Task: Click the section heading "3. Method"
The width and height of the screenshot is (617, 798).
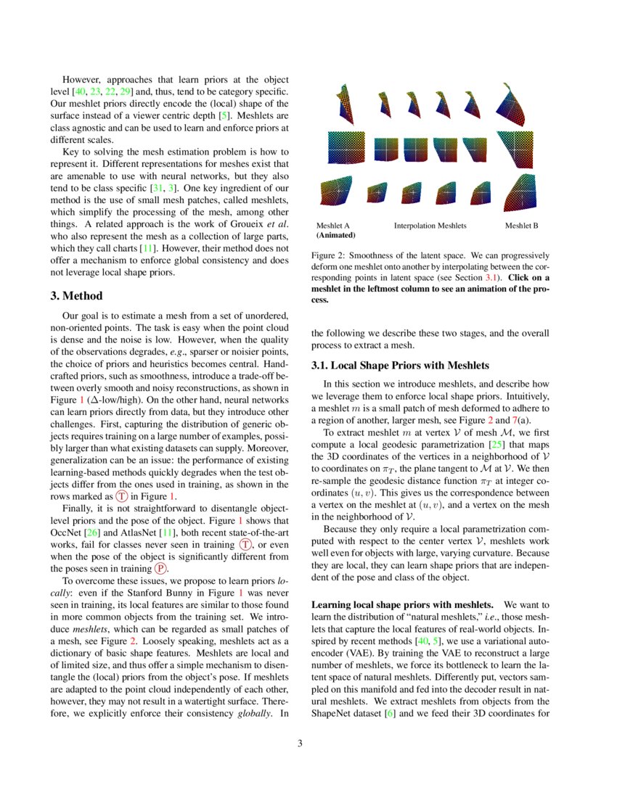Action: [x=83, y=296]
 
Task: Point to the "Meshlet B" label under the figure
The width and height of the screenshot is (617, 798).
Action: [x=521, y=226]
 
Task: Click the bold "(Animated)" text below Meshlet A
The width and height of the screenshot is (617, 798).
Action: [x=335, y=236]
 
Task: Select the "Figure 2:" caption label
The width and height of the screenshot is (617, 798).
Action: [x=330, y=256]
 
